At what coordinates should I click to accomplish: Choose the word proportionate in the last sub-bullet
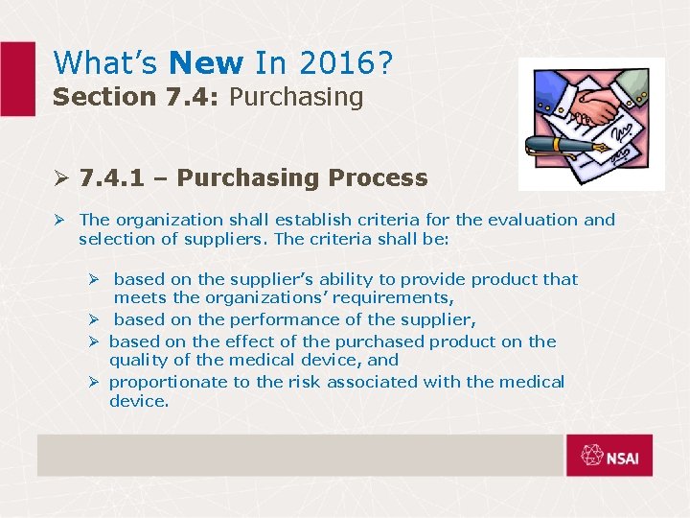pos(168,382)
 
